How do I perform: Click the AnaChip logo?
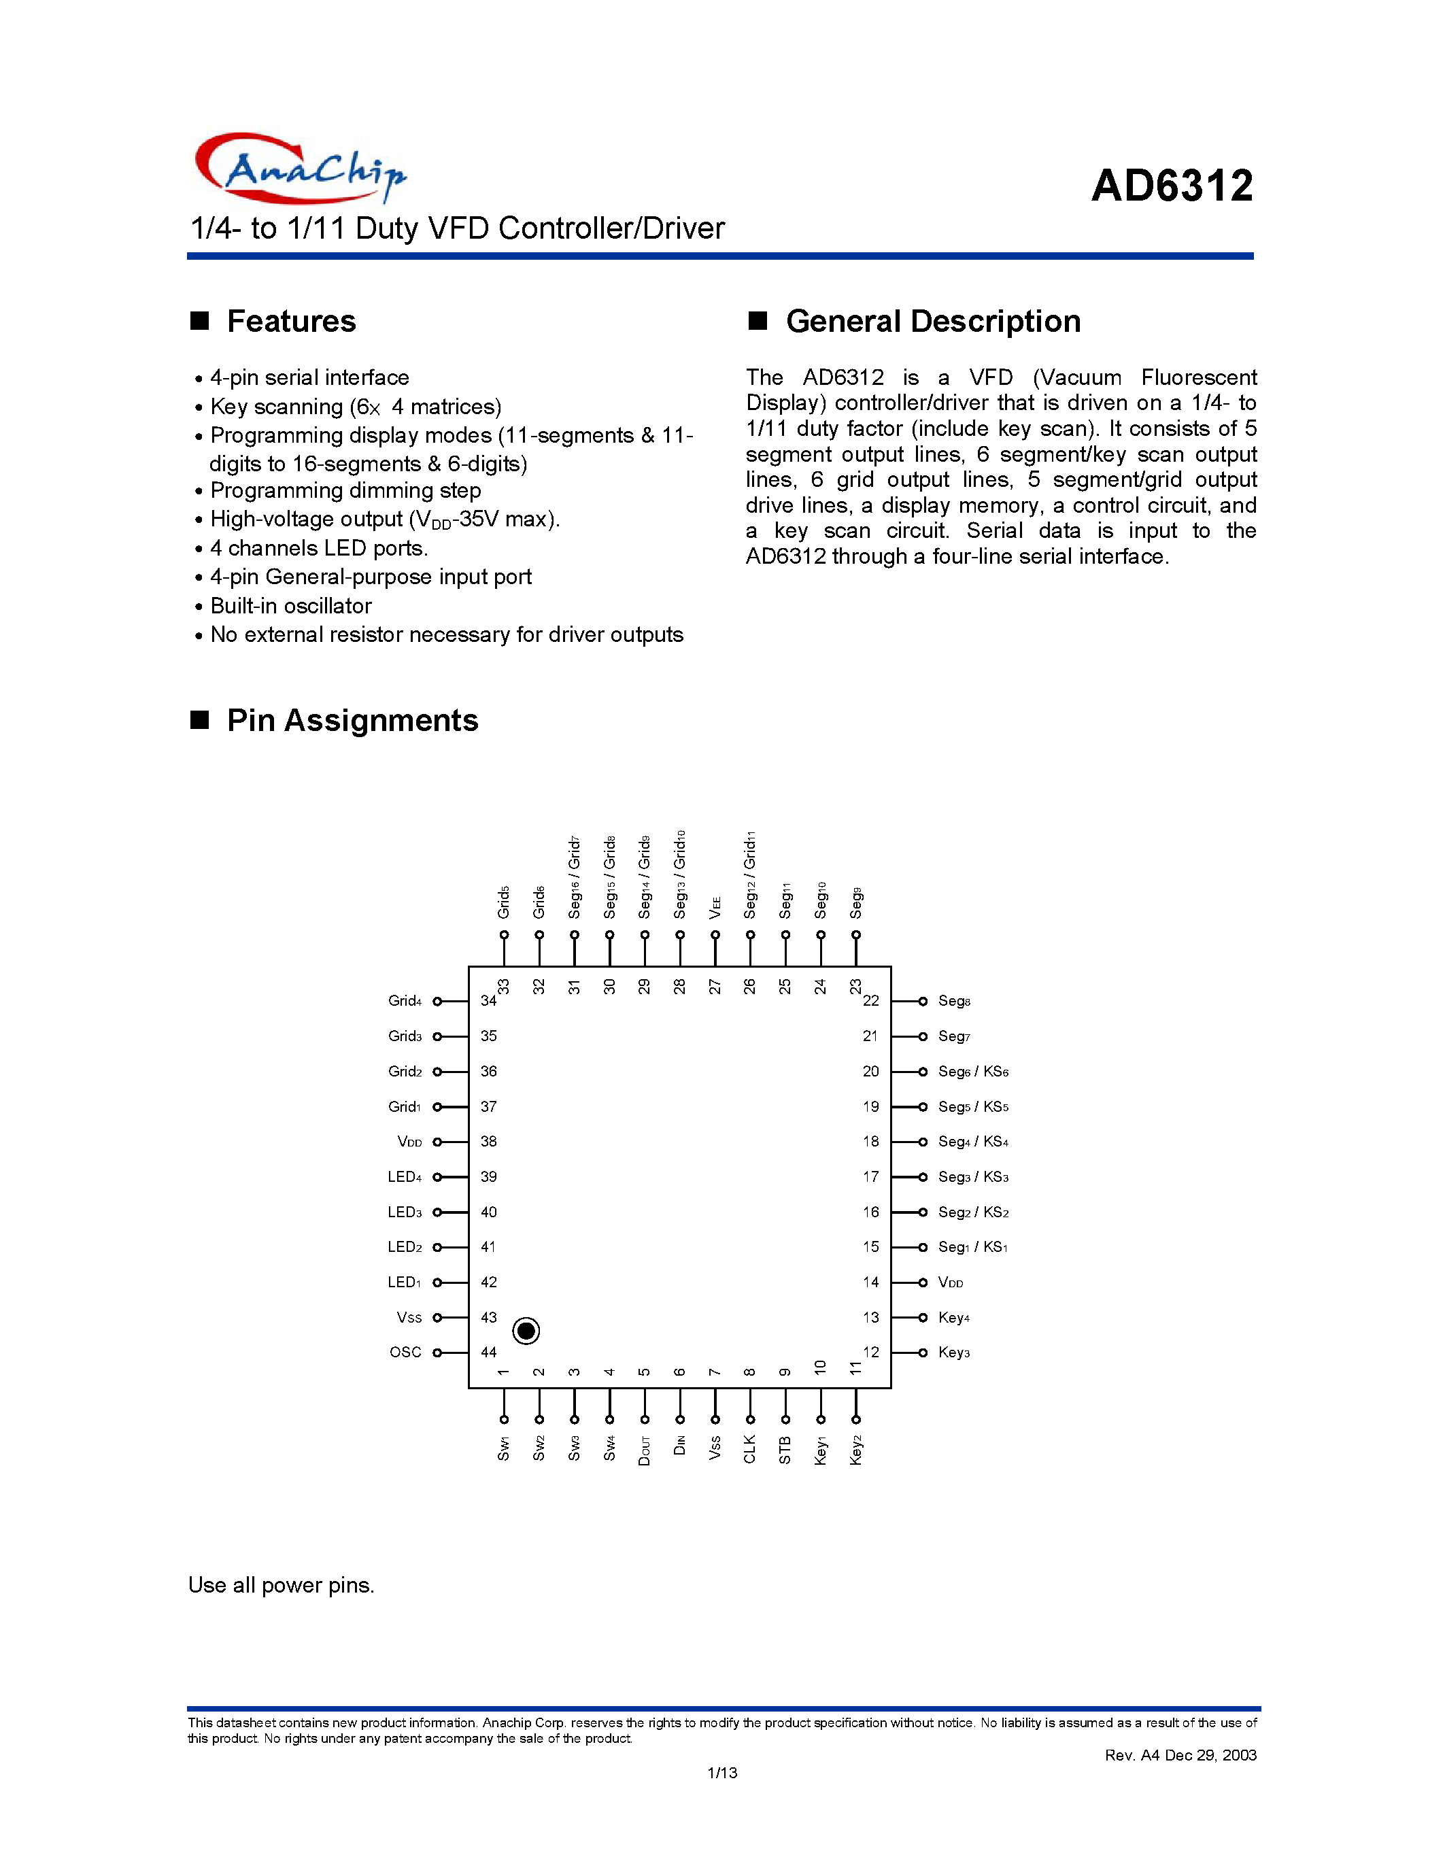[x=300, y=168]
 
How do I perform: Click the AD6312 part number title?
[x=1171, y=186]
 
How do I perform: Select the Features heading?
[x=290, y=321]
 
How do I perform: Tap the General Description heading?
[x=932, y=321]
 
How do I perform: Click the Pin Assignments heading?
[x=352, y=720]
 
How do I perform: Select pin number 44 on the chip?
[x=489, y=1352]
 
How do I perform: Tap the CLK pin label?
[x=750, y=1448]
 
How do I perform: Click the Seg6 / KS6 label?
[x=973, y=1071]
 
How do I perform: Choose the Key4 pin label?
[x=953, y=1317]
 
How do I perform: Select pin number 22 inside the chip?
[x=870, y=1000]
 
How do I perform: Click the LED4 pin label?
[x=404, y=1176]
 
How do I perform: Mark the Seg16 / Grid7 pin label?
[x=575, y=877]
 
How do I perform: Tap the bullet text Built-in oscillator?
[x=291, y=605]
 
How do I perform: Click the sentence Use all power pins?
[x=282, y=1585]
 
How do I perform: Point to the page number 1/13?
[x=721, y=1772]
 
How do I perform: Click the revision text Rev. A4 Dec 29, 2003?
[x=1180, y=1755]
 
